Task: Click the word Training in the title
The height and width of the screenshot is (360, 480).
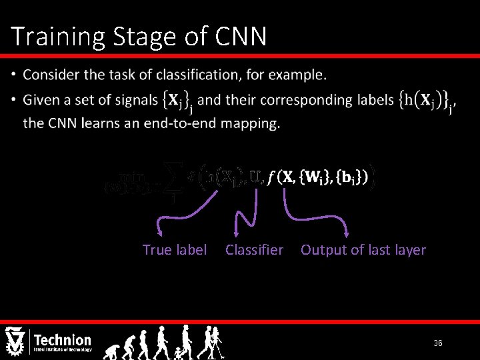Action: [x=54, y=37]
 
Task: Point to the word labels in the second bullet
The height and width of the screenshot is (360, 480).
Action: [x=372, y=101]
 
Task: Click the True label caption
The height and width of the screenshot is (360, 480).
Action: [x=175, y=250]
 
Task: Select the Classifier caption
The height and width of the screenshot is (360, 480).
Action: [x=254, y=250]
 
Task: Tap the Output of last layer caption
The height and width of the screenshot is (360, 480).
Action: [x=363, y=250]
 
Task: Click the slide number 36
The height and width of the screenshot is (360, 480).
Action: [x=438, y=343]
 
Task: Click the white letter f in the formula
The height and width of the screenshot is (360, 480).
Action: [x=270, y=177]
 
